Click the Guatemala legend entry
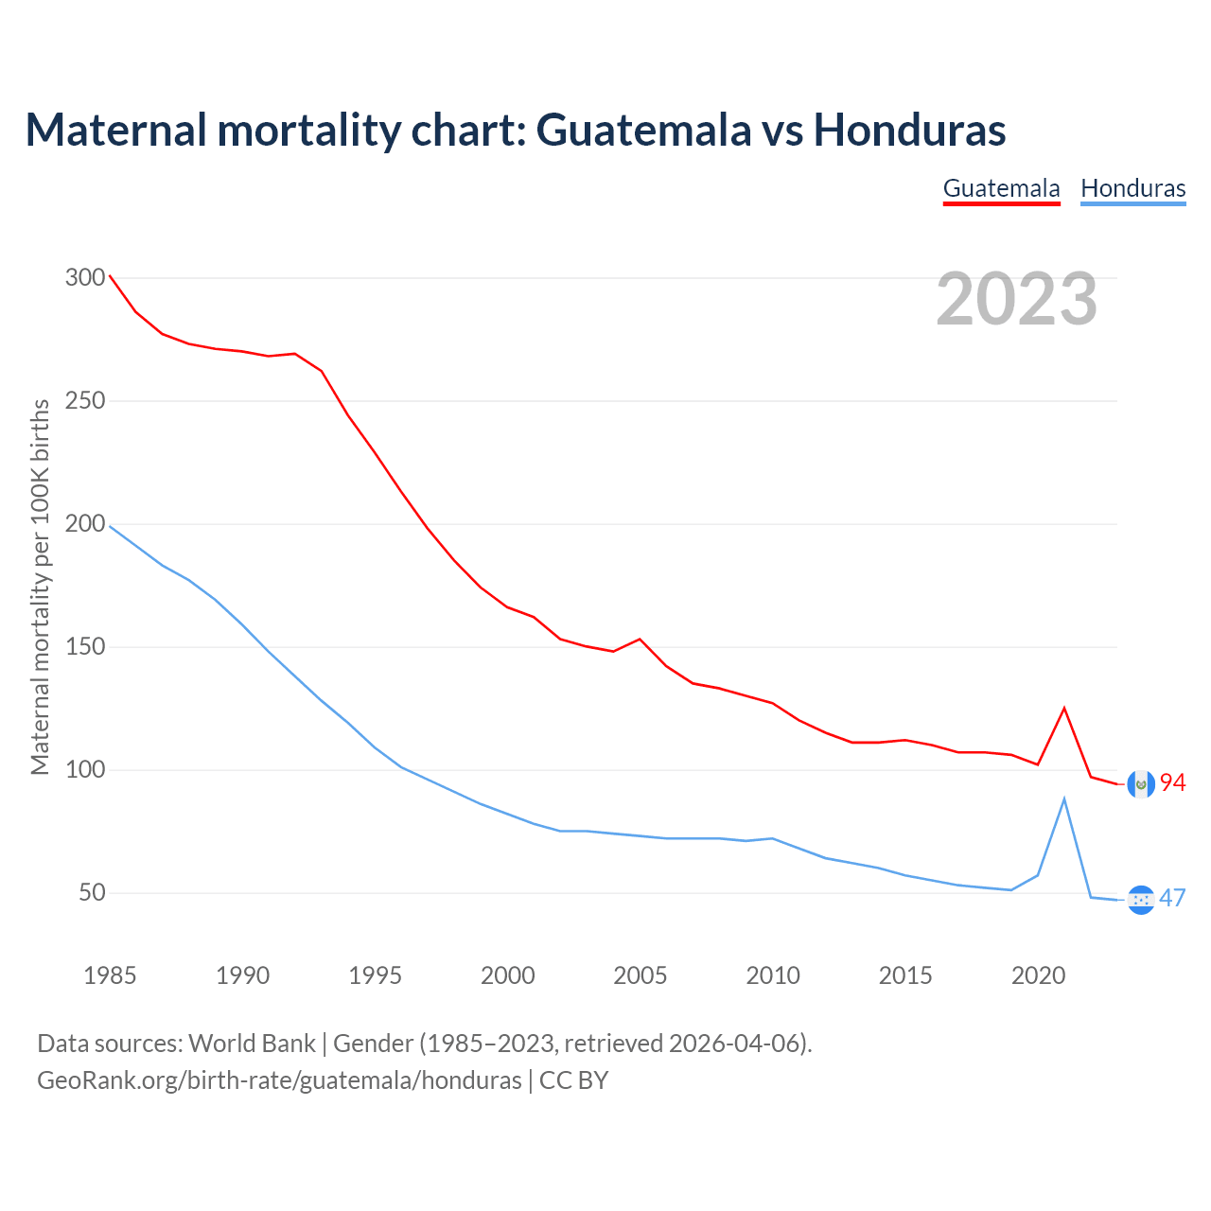click(x=1001, y=188)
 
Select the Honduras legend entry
click(x=1132, y=188)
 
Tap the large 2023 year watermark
click(x=1016, y=299)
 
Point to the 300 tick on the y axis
click(x=85, y=278)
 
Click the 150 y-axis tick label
click(x=85, y=647)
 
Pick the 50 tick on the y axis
click(x=92, y=893)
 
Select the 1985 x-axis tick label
click(x=110, y=975)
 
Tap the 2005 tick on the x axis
click(x=641, y=975)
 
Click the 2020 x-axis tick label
click(x=1038, y=975)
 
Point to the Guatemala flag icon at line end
click(x=1141, y=783)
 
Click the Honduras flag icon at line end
click(x=1141, y=900)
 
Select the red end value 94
click(x=1173, y=783)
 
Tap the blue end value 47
click(x=1173, y=898)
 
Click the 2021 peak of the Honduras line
click(x=1064, y=799)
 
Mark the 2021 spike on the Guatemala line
click(x=1064, y=708)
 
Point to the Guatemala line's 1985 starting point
click(x=110, y=275)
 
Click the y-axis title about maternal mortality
click(x=40, y=587)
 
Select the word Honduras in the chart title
click(x=910, y=130)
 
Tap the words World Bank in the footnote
click(x=252, y=1044)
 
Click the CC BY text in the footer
click(x=573, y=1080)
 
